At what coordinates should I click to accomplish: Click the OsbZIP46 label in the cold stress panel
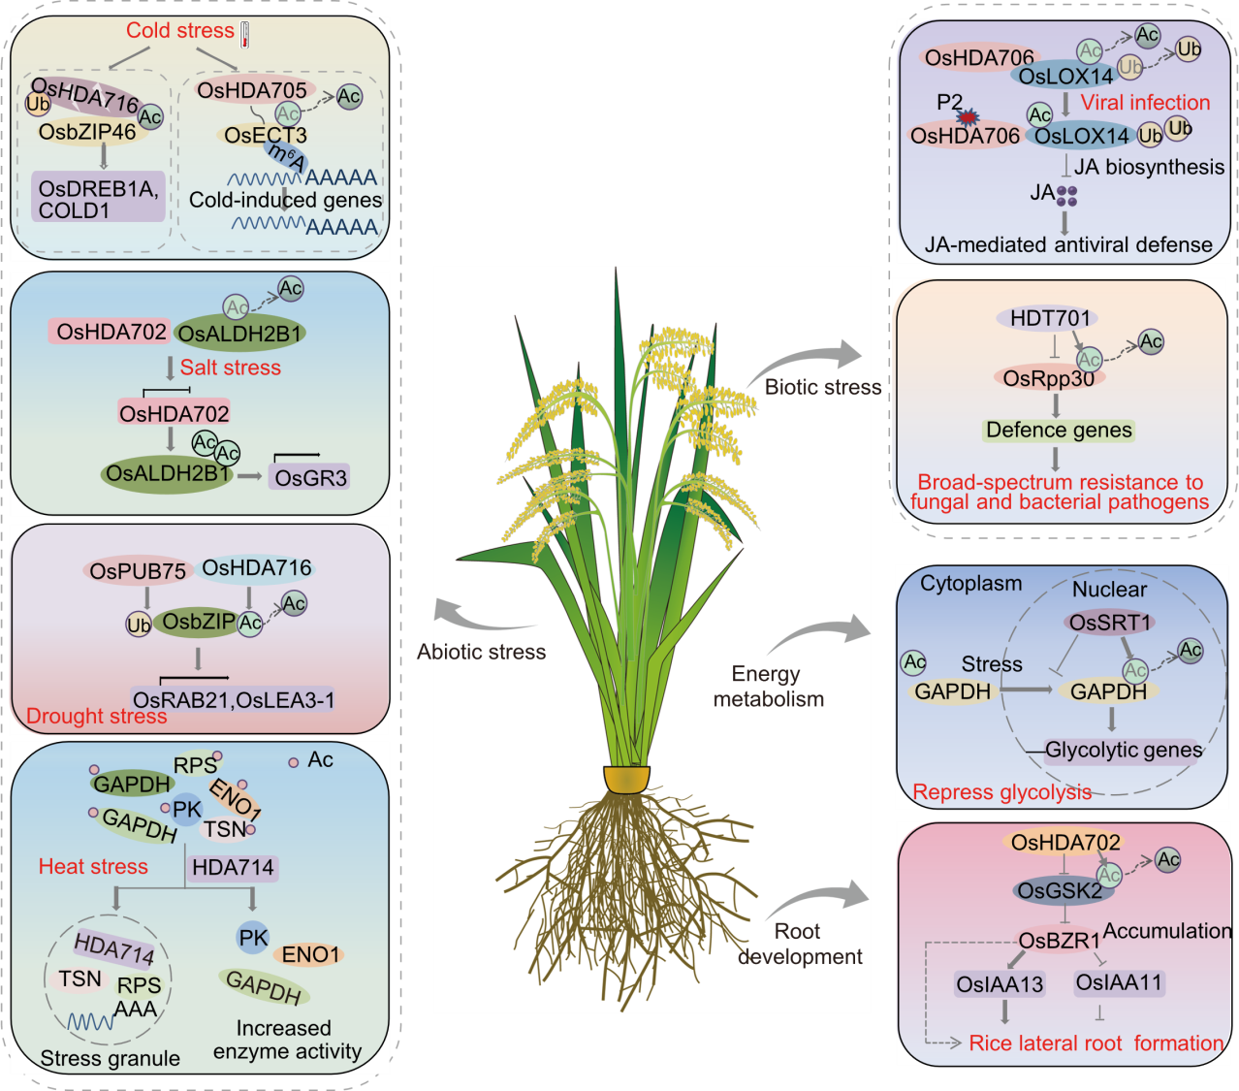click(x=87, y=131)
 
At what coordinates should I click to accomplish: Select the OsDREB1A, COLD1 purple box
click(x=98, y=199)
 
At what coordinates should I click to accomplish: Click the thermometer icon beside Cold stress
click(x=245, y=35)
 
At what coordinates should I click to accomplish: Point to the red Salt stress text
click(x=230, y=368)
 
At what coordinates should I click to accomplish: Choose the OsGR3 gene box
click(x=310, y=477)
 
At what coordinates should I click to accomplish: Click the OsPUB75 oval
click(x=138, y=571)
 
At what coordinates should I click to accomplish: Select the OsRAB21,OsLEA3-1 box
click(x=234, y=699)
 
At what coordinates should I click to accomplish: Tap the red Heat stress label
click(x=93, y=866)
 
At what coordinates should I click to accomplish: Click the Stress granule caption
click(x=110, y=1058)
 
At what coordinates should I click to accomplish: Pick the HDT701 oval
click(x=1050, y=318)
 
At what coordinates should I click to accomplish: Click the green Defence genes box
click(x=1059, y=430)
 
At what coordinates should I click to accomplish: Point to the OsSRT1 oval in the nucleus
click(x=1109, y=622)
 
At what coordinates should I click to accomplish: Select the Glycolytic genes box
click(x=1124, y=750)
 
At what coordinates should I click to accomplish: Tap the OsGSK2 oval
click(x=1059, y=890)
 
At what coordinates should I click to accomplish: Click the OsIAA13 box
click(x=1000, y=984)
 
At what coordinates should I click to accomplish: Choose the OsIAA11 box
click(x=1119, y=982)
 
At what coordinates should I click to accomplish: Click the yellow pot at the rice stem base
click(x=626, y=779)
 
